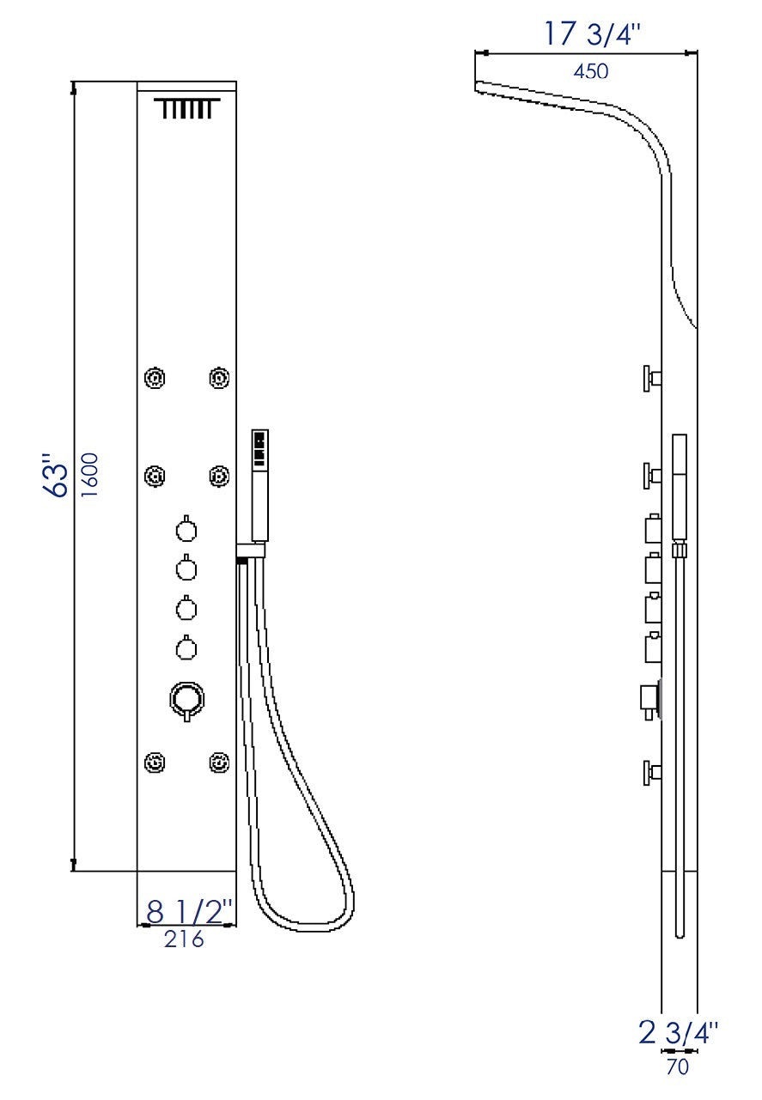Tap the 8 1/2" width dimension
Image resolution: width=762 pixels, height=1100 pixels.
190,911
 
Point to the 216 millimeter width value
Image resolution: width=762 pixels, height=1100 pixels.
185,939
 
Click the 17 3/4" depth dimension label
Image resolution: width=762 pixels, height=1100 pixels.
593,34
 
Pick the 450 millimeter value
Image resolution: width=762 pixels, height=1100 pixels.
591,71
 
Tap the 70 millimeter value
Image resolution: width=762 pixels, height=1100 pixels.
678,1067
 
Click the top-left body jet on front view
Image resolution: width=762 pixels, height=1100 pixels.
155,378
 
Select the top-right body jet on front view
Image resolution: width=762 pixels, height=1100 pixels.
219,378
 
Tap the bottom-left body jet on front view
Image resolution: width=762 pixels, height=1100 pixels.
155,762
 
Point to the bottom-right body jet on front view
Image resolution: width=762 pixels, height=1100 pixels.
219,762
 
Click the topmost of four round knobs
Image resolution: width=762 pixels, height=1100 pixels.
186,531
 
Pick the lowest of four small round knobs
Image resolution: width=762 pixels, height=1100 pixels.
186,647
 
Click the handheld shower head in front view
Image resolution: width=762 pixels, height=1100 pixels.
259,485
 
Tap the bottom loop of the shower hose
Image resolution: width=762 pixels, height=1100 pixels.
306,923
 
